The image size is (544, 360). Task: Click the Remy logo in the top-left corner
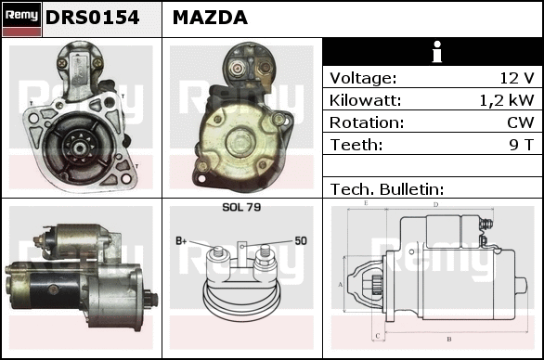pos(21,19)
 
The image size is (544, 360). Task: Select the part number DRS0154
pos(92,18)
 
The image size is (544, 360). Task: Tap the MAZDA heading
pos(210,18)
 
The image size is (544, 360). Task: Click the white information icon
pos(437,52)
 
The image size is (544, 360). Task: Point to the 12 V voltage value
pos(516,78)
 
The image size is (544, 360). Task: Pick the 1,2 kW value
pos(507,100)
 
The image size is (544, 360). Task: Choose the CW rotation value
pos(521,122)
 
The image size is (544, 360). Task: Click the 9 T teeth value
pos(521,145)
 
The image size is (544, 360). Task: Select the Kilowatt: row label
pos(365,100)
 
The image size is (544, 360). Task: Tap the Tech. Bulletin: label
pos(387,189)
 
